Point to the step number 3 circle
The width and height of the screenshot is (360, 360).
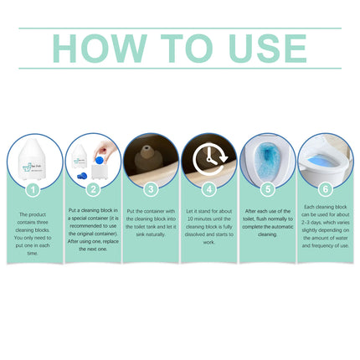(x=149, y=190)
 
